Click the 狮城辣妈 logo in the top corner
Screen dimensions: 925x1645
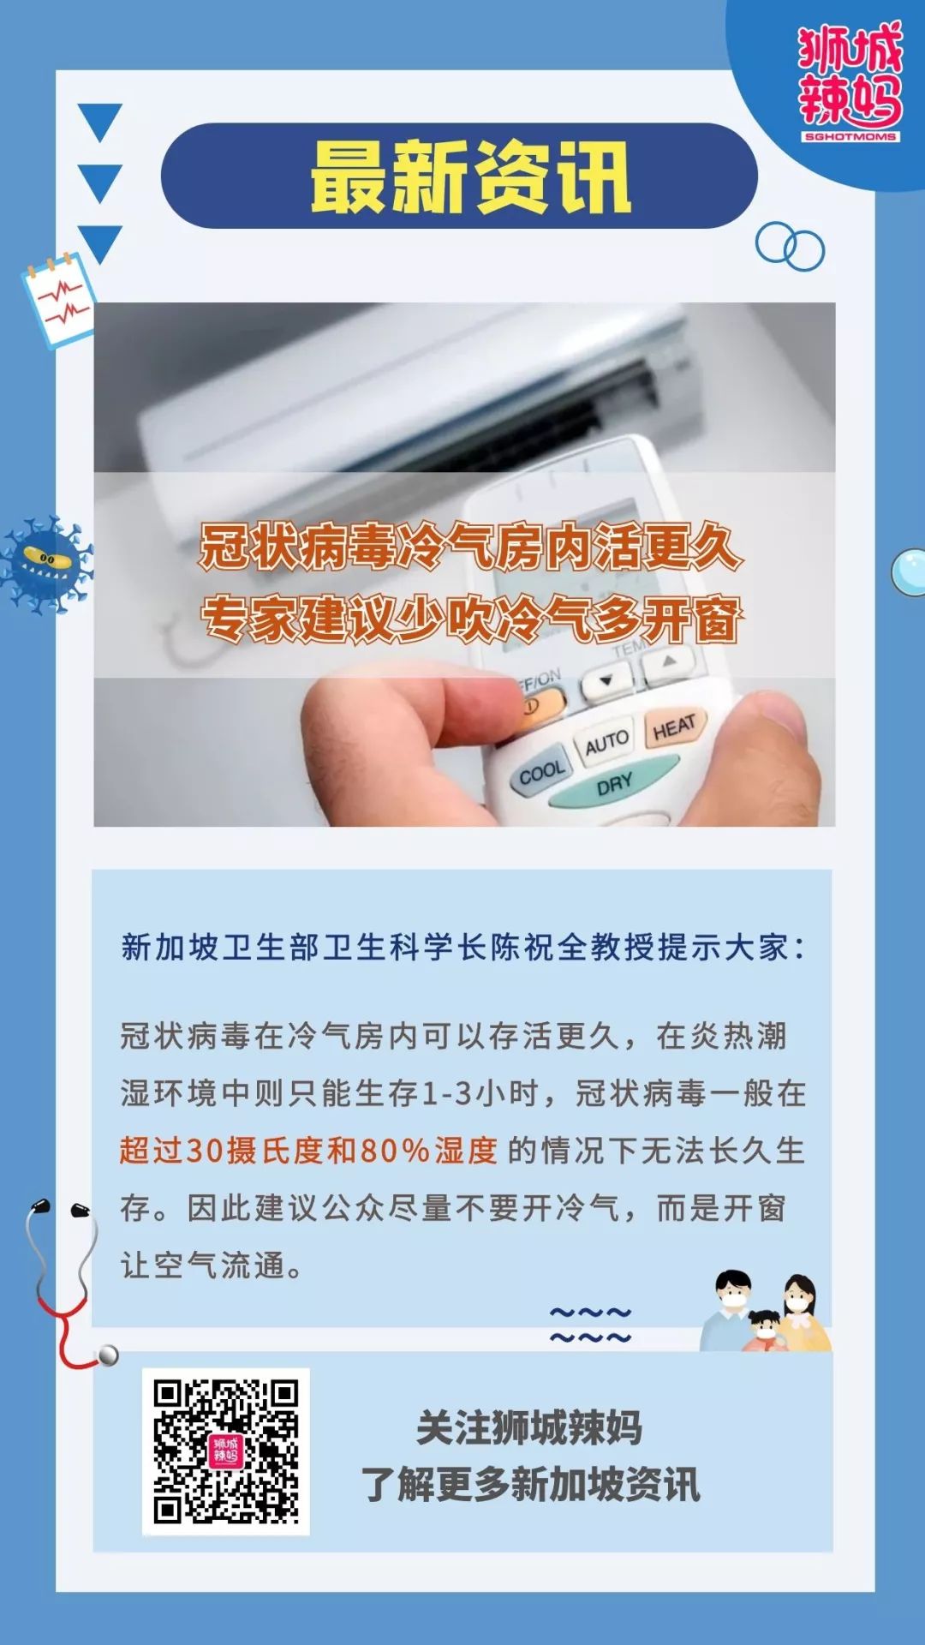(x=850, y=81)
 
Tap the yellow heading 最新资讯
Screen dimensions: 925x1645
(x=470, y=176)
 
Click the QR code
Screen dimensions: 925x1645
(x=226, y=1451)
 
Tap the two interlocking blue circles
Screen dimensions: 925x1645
(x=790, y=247)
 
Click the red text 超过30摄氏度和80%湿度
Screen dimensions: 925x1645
(x=309, y=1151)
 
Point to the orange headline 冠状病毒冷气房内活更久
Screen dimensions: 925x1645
(x=470, y=547)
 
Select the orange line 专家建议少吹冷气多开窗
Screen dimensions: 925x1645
(x=470, y=619)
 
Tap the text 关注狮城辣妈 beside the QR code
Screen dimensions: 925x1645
(x=529, y=1427)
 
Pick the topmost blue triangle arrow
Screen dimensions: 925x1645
(x=100, y=123)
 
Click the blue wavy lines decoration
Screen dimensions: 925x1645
(x=590, y=1325)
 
